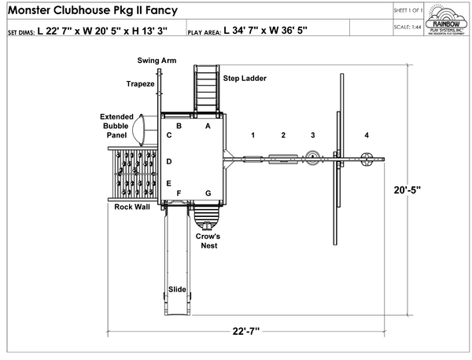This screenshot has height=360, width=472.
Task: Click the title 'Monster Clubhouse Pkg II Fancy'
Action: pyautogui.click(x=91, y=11)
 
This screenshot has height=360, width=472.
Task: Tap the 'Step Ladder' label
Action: pyautogui.click(x=244, y=79)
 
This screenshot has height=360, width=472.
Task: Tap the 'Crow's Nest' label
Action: pyautogui.click(x=208, y=241)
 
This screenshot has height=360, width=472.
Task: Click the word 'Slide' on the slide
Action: pyautogui.click(x=176, y=290)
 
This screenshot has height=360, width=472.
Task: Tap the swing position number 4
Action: pyautogui.click(x=366, y=135)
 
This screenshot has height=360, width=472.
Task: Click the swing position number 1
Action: pyautogui.click(x=253, y=135)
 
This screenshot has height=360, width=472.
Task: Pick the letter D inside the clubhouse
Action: pyautogui.click(x=169, y=161)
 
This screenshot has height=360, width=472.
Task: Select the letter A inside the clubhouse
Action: pyautogui.click(x=208, y=125)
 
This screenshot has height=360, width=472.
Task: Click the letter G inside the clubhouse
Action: pyautogui.click(x=208, y=193)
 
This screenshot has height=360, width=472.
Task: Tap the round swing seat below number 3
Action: pyautogui.click(x=312, y=156)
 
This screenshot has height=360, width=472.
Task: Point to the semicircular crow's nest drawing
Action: pyautogui.click(x=208, y=214)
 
